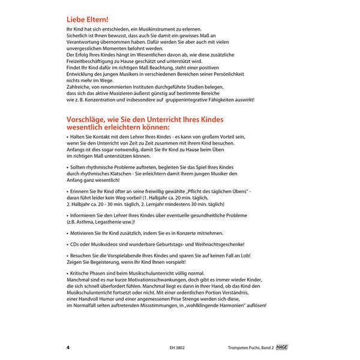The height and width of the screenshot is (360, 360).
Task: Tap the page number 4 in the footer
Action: (68, 347)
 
